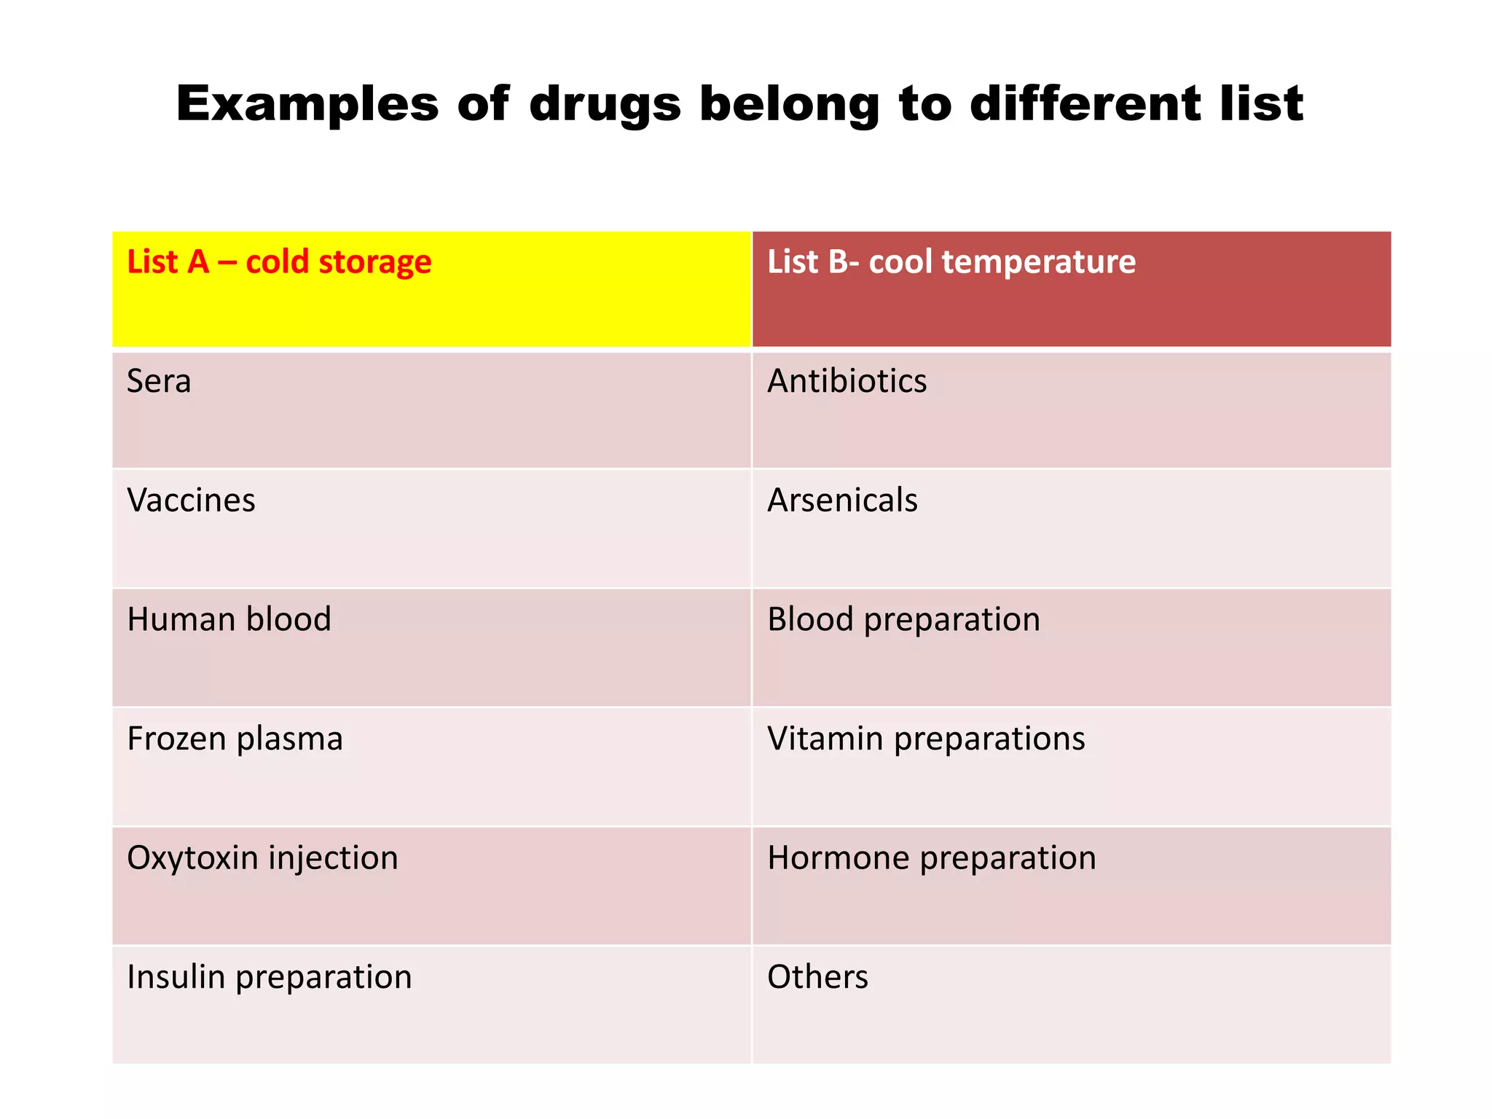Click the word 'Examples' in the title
point(307,104)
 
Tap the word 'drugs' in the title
point(605,104)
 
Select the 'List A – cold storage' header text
point(279,262)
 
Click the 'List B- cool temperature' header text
point(951,262)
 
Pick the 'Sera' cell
point(159,381)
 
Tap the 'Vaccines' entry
point(191,500)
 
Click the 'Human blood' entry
point(229,619)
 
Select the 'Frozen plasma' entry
point(235,739)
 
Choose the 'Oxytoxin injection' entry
point(262,858)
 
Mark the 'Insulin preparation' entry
point(269,978)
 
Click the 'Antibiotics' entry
point(847,381)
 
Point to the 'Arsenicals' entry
point(842,500)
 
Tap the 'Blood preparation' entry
point(903,620)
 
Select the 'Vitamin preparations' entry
point(926,739)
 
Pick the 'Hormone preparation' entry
point(931,858)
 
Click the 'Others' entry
point(817,977)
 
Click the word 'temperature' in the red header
point(1038,262)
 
